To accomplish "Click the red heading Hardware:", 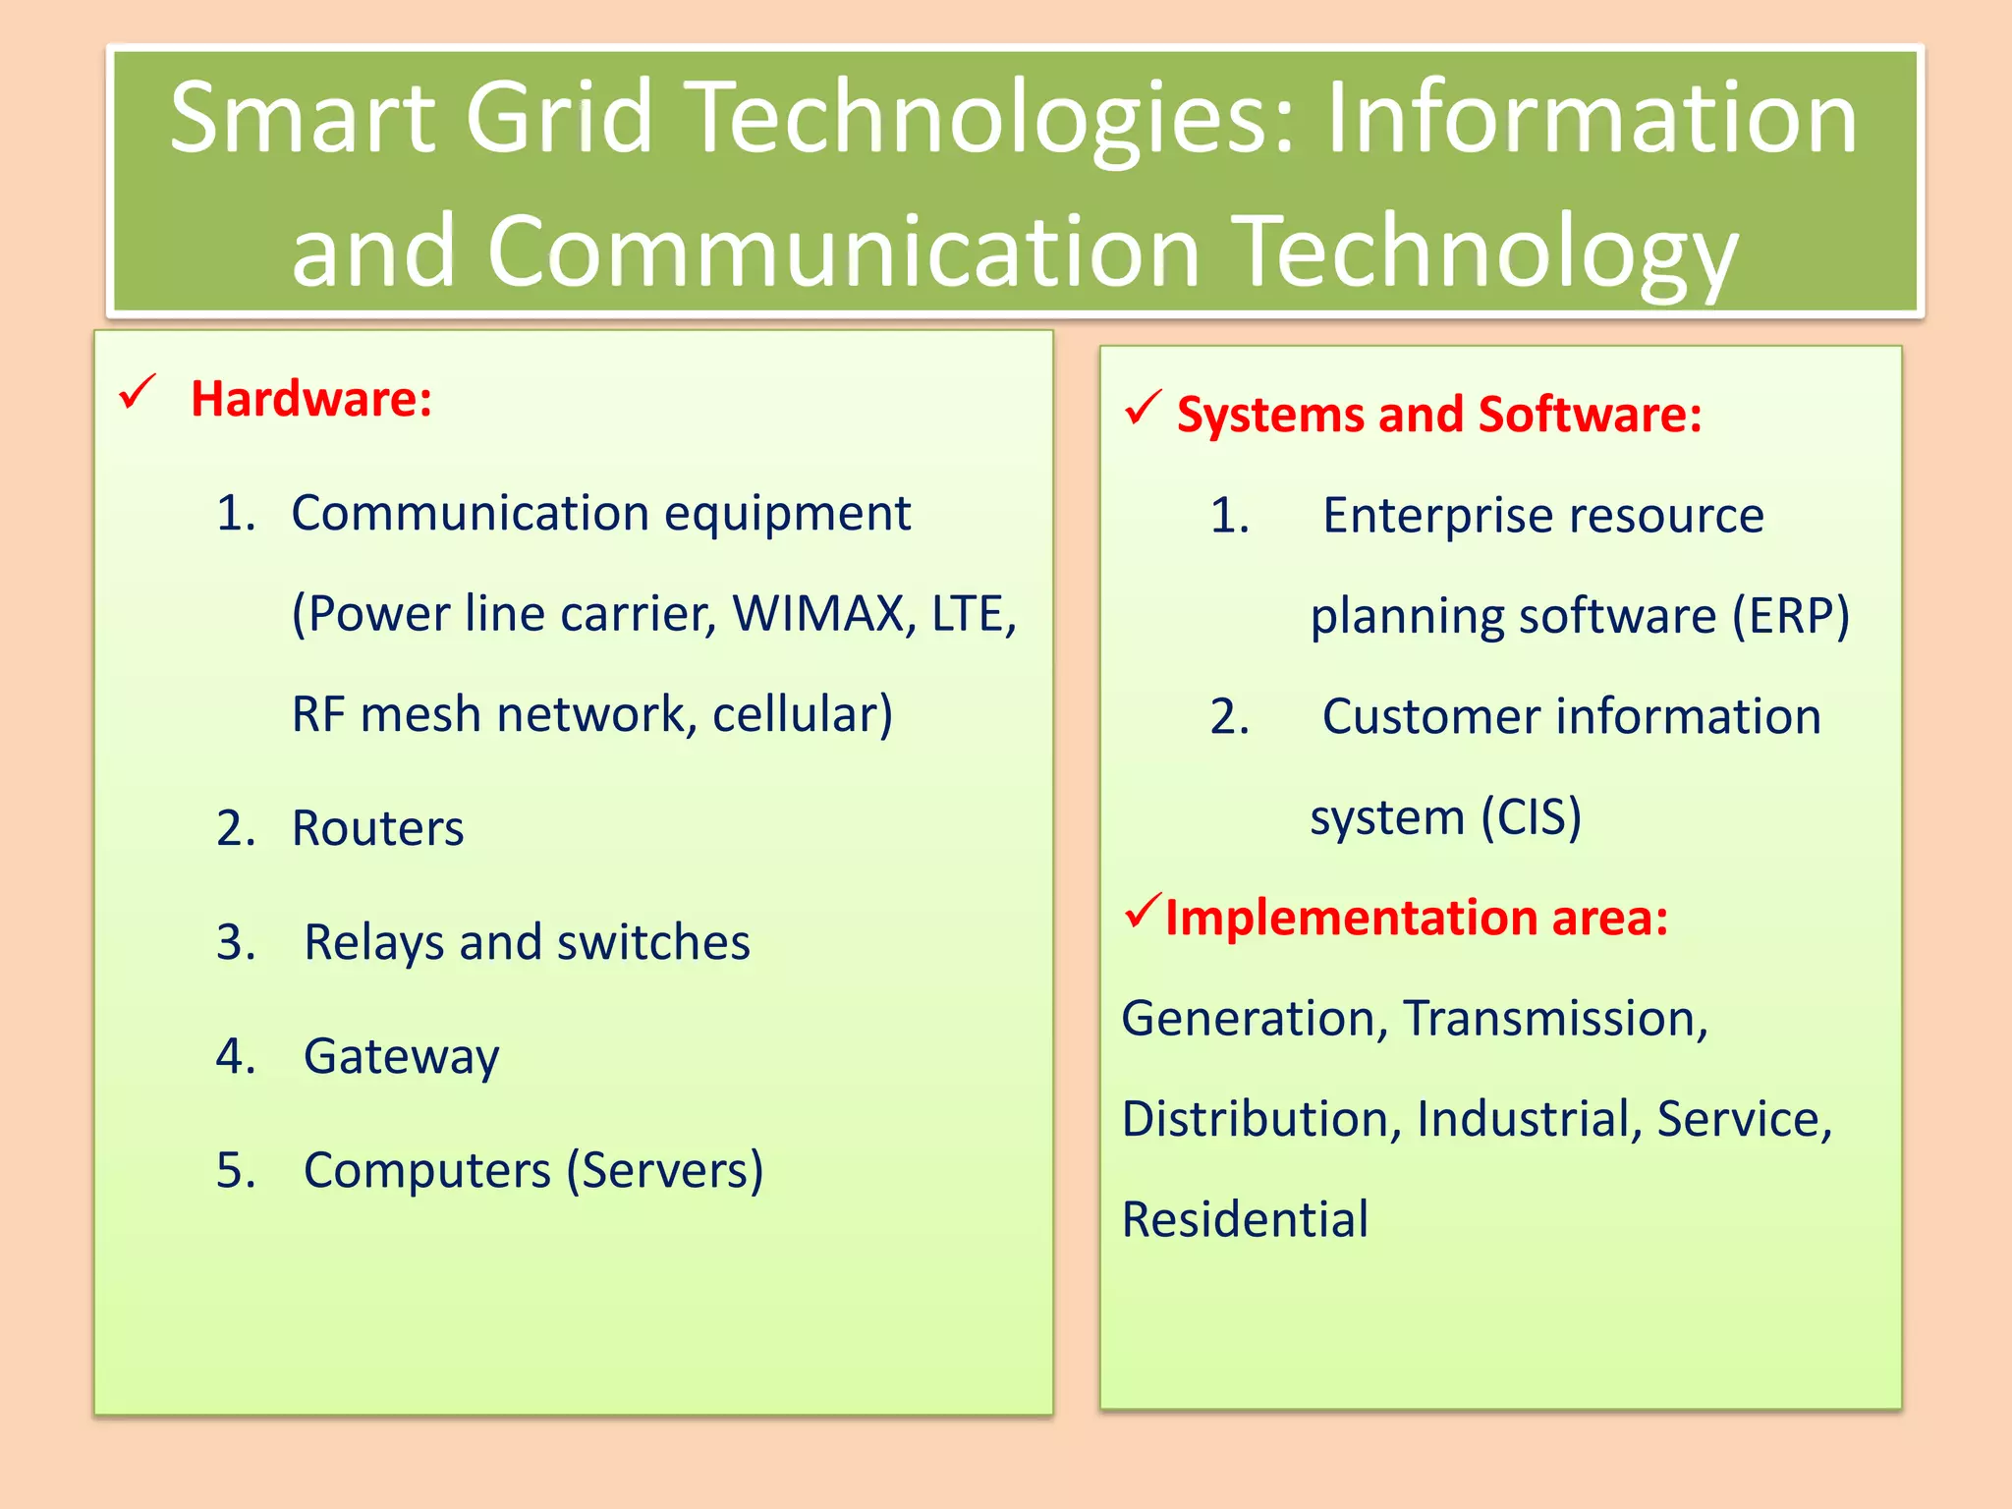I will pyautogui.click(x=311, y=400).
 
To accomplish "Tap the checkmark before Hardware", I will pyautogui.click(x=137, y=392).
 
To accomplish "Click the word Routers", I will pyautogui.click(x=377, y=828).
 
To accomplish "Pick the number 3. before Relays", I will pyautogui.click(x=236, y=943).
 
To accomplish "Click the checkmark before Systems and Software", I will pyautogui.click(x=1144, y=408).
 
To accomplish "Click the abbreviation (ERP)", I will pyautogui.click(x=1790, y=617).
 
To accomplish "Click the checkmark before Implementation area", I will pyautogui.click(x=1144, y=911).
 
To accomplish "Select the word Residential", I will pyautogui.click(x=1245, y=1220).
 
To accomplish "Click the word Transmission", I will pyautogui.click(x=1555, y=1019).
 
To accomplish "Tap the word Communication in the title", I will pyautogui.click(x=844, y=251).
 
